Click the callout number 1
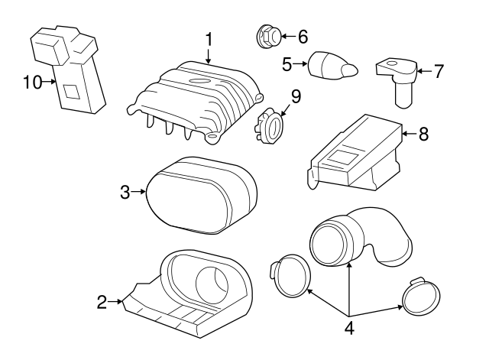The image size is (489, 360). point(208,38)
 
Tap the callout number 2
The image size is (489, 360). point(102,303)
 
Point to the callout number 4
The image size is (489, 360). point(349,329)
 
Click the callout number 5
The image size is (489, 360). point(287,64)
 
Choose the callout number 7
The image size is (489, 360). point(438,73)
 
